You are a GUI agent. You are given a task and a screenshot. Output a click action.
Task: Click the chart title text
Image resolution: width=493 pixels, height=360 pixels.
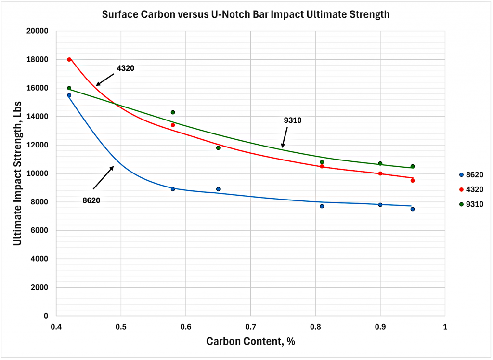pos(246,15)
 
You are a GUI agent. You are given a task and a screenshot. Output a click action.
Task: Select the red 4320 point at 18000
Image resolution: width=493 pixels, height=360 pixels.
pos(69,59)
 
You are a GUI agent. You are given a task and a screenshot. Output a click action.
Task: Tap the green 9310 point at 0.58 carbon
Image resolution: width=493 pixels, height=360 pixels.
pos(173,112)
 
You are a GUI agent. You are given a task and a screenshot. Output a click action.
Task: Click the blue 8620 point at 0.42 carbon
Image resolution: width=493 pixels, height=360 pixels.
pos(69,95)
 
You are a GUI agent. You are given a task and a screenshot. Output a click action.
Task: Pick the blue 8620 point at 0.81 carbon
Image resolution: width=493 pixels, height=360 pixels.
pos(322,206)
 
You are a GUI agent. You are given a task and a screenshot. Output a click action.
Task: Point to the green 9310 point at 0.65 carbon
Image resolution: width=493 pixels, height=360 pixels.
pos(218,148)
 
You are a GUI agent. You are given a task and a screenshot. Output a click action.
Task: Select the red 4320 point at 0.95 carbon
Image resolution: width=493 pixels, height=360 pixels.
pos(413,180)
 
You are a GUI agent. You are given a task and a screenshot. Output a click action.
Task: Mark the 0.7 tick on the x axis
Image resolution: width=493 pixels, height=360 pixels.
pos(250,327)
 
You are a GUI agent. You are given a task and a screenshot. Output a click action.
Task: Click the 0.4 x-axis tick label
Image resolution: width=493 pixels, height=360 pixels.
pos(56,327)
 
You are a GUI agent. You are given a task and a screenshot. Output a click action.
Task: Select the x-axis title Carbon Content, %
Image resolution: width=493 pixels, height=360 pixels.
pos(250,342)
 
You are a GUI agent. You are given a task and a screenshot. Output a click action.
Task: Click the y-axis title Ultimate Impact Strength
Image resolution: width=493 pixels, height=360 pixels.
pos(18,173)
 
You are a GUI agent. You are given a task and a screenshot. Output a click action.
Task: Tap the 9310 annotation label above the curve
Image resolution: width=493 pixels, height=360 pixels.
pos(293,120)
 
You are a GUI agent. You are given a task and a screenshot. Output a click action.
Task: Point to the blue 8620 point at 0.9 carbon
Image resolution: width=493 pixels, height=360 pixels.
pos(380,205)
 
